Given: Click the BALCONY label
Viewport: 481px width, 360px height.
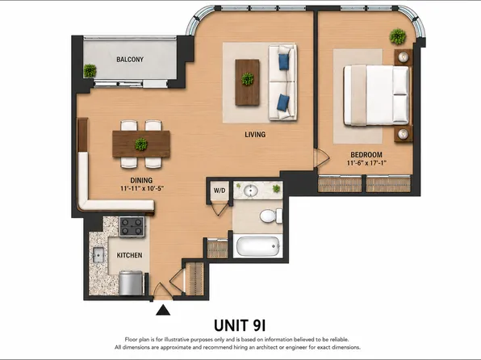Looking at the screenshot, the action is tap(130, 59).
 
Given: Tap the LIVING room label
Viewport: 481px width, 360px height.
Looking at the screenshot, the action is tap(255, 135).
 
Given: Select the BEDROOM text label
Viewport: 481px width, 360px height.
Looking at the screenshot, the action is tap(366, 155).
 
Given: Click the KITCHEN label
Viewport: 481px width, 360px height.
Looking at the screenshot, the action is tap(129, 255).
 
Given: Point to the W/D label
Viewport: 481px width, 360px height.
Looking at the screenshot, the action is tap(220, 190).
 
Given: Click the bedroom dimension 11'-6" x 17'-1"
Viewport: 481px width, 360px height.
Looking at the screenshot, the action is tap(366, 163).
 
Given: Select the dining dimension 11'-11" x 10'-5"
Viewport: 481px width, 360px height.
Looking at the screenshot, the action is tap(141, 188).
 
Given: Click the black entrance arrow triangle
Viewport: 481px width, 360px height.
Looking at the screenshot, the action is tap(163, 310).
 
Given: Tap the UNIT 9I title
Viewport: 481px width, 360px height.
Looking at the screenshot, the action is tap(240, 325).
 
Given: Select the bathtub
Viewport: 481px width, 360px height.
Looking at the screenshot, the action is tap(257, 246).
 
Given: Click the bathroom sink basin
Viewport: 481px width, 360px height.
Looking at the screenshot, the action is tap(251, 190).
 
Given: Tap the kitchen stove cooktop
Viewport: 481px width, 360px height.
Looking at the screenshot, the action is tap(132, 227).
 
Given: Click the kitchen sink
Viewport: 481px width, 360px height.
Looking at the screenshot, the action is tap(98, 255).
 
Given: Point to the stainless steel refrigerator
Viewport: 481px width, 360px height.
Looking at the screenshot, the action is tap(131, 283).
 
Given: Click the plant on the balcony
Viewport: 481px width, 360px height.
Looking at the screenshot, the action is tap(90, 71).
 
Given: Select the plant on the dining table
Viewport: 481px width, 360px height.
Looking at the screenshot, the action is tap(140, 144).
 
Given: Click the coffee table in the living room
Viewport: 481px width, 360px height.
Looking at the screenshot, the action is tap(247, 82).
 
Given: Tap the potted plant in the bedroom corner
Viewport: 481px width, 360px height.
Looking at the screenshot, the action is tap(398, 36).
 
